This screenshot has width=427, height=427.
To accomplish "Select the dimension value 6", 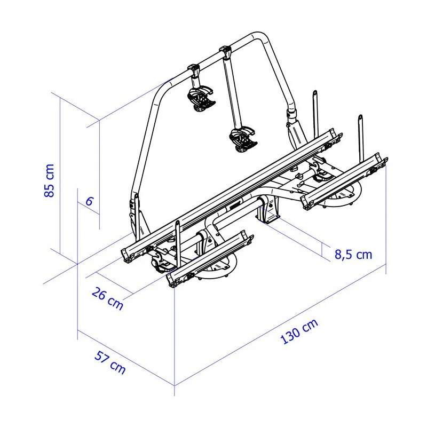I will tap(89, 201).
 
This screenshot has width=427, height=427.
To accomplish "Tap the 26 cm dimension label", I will tap(107, 298).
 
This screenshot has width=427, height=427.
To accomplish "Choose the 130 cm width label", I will tap(298, 331).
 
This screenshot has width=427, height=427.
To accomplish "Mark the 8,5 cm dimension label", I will tap(353, 254).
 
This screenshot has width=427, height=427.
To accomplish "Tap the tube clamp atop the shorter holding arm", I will tap(193, 69).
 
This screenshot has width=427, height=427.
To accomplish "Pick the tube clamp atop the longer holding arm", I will tap(225, 52).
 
